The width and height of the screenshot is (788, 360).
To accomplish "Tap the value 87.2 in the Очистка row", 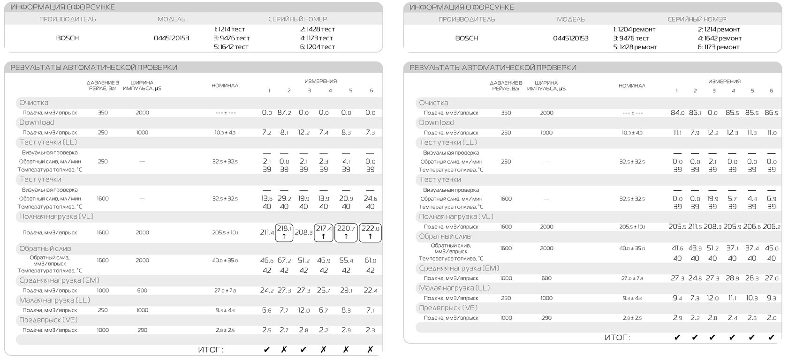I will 284,112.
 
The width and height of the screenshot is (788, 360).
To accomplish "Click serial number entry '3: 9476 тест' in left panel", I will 232,38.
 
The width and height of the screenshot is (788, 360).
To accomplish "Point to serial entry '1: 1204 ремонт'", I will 634,29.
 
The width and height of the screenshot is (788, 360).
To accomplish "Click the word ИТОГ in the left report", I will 211,350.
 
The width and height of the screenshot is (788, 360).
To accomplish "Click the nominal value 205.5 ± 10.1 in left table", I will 225,232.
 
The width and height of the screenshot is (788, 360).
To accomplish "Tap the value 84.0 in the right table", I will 677,112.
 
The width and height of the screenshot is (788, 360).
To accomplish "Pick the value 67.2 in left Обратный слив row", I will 284,260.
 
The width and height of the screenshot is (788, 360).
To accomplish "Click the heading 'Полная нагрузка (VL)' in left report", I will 56,217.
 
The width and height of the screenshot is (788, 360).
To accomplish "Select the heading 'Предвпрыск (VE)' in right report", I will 448,308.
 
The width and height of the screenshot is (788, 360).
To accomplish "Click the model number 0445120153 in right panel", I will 570,38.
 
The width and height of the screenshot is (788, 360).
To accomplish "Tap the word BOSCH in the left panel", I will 68,38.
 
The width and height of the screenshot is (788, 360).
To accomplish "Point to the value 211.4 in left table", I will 267,232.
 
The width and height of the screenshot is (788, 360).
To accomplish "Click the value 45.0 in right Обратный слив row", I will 771,248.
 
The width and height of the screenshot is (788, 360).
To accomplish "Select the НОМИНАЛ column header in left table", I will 225,85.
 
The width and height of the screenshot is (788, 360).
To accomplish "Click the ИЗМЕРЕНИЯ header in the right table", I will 724,81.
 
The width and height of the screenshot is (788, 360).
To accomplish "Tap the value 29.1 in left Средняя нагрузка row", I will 346,291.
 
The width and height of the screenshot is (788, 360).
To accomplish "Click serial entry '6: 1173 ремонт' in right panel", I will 719,47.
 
